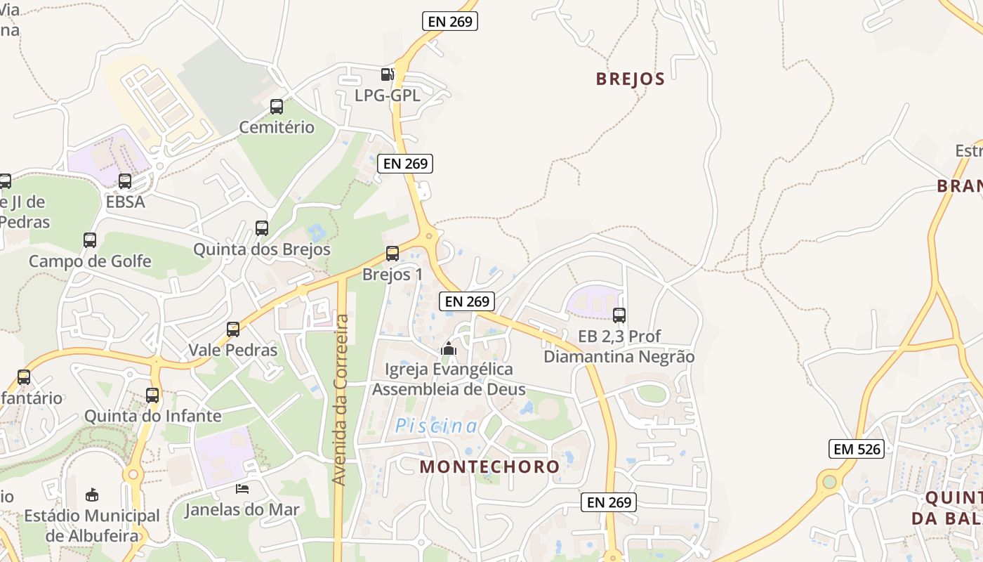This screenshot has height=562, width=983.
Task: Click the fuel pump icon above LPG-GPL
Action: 387,74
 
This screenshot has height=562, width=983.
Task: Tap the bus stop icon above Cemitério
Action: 277,107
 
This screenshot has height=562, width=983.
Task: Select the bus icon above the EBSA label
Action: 125,181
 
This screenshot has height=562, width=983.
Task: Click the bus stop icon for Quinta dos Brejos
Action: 262,228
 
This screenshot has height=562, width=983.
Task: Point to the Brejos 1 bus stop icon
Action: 392,254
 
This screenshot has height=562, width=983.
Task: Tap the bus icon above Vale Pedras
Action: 233,329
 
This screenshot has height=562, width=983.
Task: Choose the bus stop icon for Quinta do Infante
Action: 152,396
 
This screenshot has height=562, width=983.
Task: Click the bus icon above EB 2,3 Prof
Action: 619,315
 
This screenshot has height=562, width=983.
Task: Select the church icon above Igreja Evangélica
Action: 449,348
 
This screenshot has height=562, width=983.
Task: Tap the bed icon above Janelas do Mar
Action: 242,489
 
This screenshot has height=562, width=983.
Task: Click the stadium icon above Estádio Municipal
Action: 92,495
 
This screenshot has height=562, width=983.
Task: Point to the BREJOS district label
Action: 630,79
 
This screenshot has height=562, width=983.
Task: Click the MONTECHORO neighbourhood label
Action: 489,466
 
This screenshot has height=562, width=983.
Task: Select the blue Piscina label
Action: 436,426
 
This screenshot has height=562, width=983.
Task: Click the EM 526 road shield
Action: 856,449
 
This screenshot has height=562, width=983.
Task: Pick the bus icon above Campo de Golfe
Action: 90,240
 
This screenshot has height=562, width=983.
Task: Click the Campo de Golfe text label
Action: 90,262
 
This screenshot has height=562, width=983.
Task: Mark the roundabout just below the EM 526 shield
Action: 830,482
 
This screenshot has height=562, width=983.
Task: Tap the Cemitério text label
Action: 277,128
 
